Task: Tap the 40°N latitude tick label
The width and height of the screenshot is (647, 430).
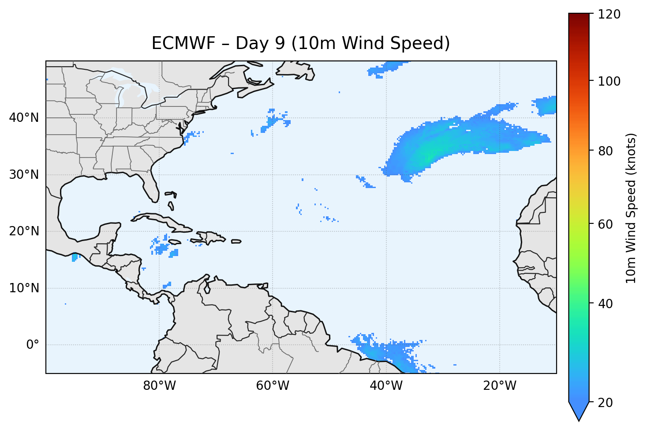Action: coord(24,118)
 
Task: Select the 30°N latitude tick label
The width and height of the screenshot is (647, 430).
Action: coord(24,175)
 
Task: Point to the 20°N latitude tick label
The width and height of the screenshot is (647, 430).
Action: coord(24,231)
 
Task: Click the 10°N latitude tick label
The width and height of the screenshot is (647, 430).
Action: coord(24,288)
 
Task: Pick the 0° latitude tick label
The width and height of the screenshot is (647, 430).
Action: coord(32,345)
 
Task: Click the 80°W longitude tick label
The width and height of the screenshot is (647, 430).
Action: coord(159,386)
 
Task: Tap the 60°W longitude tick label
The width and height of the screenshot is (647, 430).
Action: coord(273,386)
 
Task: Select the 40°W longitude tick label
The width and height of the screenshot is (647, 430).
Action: coord(386,386)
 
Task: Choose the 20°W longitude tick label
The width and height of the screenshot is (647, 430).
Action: coord(499,386)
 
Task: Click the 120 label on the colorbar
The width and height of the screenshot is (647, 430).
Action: coord(609,14)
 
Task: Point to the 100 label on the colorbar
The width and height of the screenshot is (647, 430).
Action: coord(609,81)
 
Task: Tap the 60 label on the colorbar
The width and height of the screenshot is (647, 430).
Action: coord(606,224)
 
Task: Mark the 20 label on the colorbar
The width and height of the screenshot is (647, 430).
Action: coord(606,403)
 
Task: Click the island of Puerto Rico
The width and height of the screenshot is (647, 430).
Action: coord(236,241)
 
